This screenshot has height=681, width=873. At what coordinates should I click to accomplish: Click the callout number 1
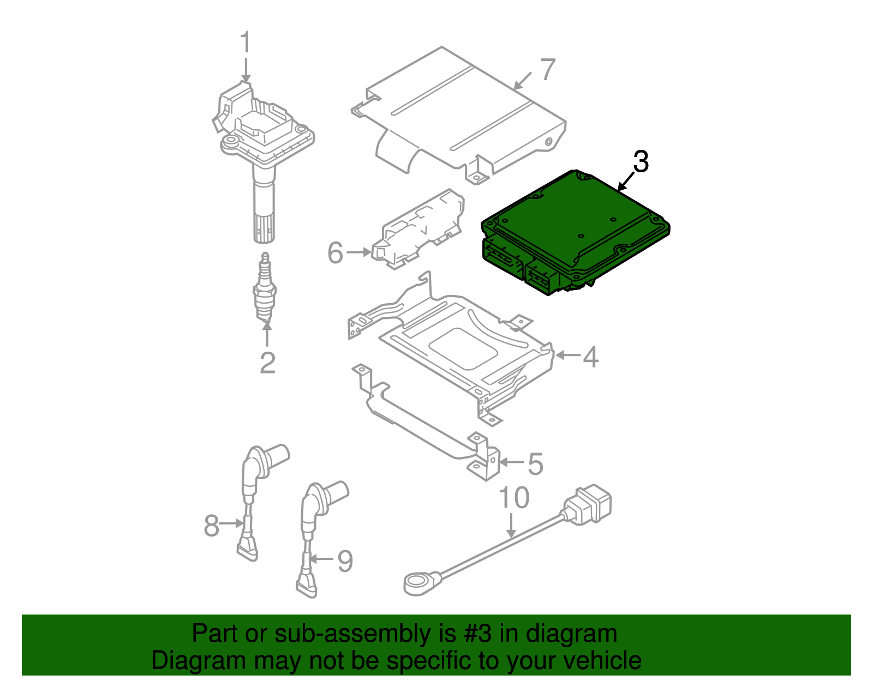point(246,43)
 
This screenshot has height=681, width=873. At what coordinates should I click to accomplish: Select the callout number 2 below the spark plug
point(267,363)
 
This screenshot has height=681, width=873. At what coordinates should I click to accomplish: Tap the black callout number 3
point(641,162)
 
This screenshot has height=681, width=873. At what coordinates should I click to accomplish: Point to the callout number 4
point(591,357)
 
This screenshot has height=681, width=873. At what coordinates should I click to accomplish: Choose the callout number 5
point(535,464)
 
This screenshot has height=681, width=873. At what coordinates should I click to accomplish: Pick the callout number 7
point(547,69)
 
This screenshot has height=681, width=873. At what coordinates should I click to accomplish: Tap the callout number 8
point(211,526)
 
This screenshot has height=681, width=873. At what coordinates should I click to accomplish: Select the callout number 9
point(345,561)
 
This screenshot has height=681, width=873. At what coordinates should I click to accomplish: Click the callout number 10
point(514,498)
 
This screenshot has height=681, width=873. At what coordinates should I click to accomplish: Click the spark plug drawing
point(265,289)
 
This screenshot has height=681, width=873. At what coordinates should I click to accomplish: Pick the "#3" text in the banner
point(479,634)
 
